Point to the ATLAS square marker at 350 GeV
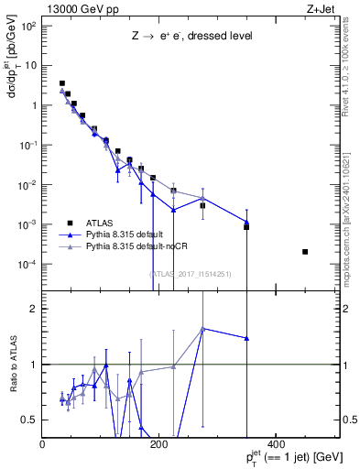[x=246, y=226]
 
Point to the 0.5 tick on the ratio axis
[x=31, y=420]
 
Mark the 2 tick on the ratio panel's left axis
[x=35, y=309]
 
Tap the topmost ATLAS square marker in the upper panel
[x=62, y=83]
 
